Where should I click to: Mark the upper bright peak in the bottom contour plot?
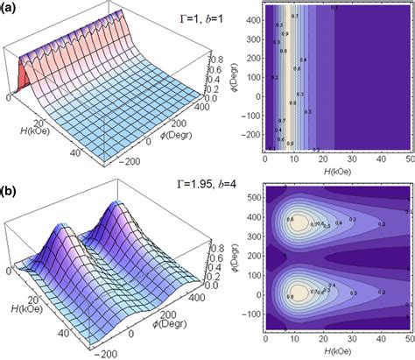coord(300,225)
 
